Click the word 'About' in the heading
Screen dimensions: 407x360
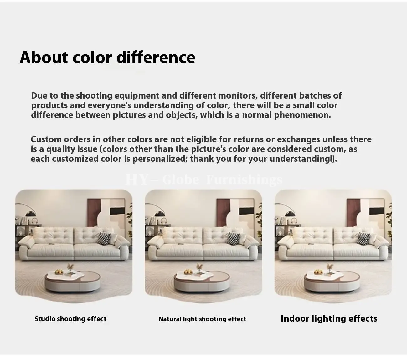pos(44,57)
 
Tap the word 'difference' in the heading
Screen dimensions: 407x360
pos(156,57)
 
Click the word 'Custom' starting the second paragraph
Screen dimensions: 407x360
pos(46,139)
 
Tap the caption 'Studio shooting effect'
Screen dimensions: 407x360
pos(70,319)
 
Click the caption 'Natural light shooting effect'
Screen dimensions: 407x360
pos(202,319)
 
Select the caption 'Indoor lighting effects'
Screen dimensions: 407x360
pos(329,318)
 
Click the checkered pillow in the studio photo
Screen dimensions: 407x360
pos(104,238)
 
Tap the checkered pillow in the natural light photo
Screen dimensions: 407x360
pos(233,238)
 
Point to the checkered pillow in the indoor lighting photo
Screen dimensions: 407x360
pos(363,238)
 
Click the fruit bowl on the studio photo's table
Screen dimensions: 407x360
pos(59,271)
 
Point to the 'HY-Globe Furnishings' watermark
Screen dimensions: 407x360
pos(204,180)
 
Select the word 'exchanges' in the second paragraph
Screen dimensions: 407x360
pos(299,139)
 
